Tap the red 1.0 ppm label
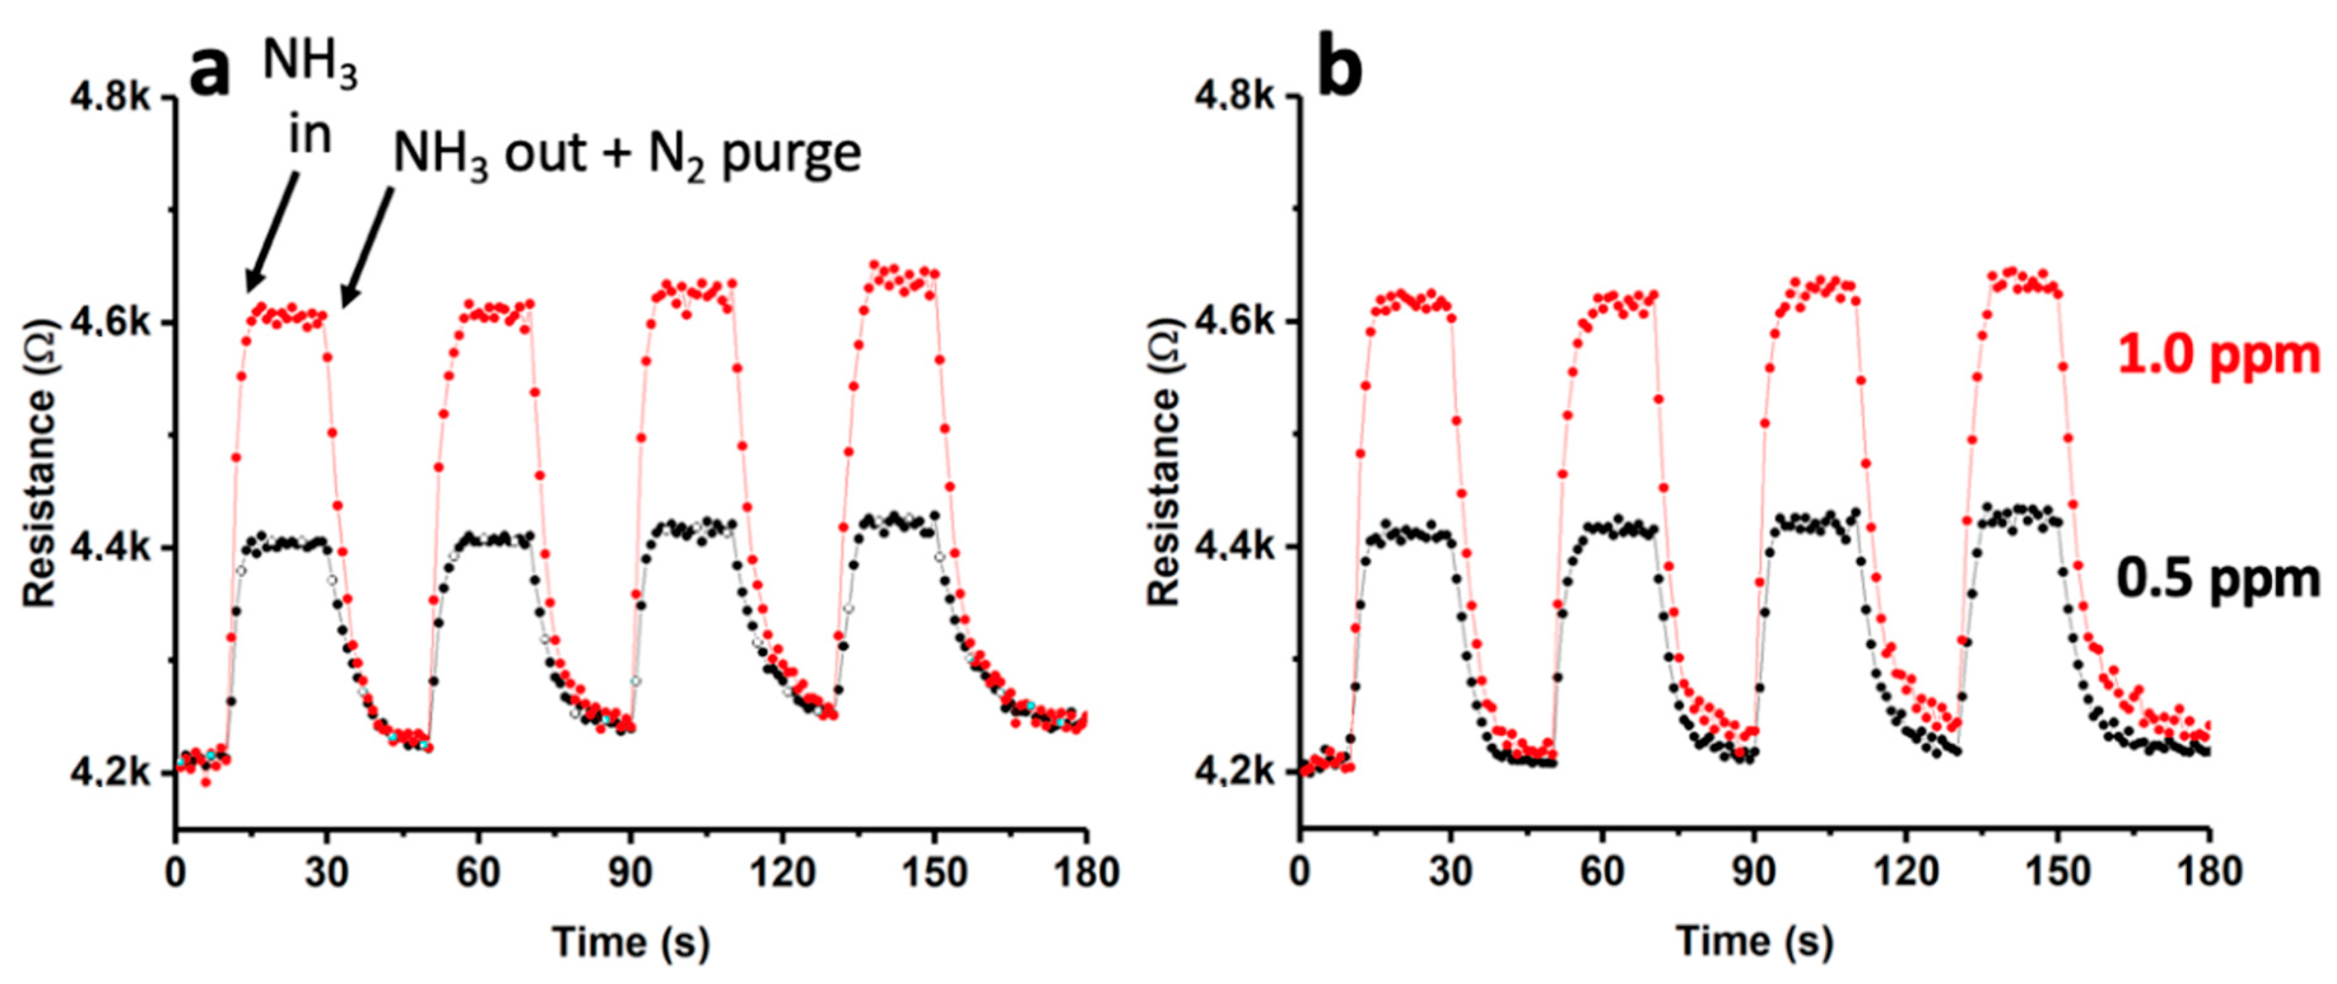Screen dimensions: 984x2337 [x=2218, y=355]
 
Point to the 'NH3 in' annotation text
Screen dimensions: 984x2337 [x=309, y=100]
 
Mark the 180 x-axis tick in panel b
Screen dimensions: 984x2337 [x=2208, y=873]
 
